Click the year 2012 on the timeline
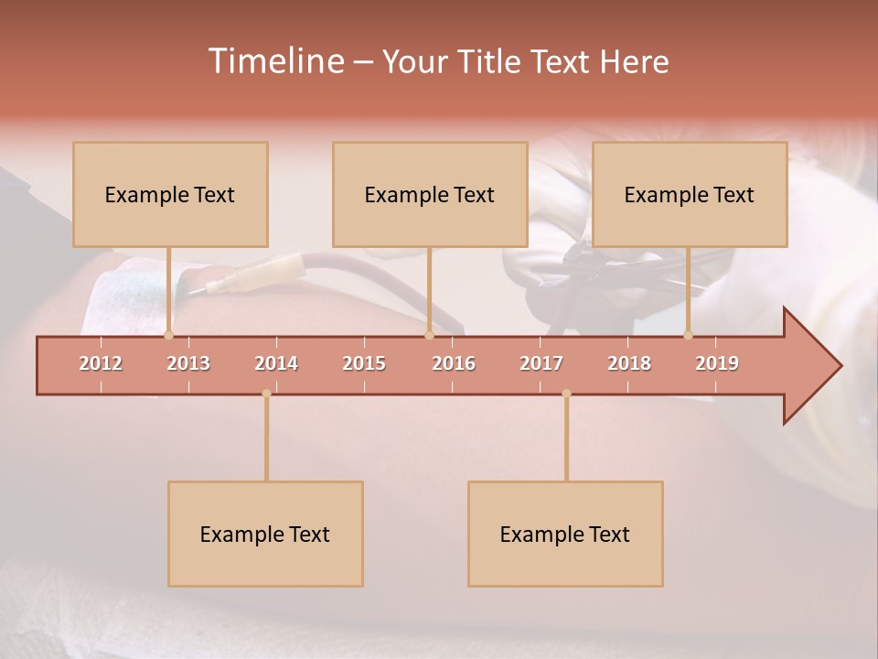[101, 363]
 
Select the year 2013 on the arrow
[188, 363]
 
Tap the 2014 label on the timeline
[276, 363]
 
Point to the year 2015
[364, 363]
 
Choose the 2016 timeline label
[454, 363]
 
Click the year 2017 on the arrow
[541, 363]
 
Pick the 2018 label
[629, 363]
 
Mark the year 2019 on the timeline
[717, 363]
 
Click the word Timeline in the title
[275, 61]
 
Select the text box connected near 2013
[170, 194]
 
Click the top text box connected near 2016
[430, 194]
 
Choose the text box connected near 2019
[690, 194]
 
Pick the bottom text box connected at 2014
[265, 534]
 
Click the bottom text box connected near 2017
[565, 534]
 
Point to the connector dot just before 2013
[168, 335]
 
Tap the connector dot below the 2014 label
[266, 394]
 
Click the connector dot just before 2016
[429, 335]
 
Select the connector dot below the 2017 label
[566, 394]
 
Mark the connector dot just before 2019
[688, 335]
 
